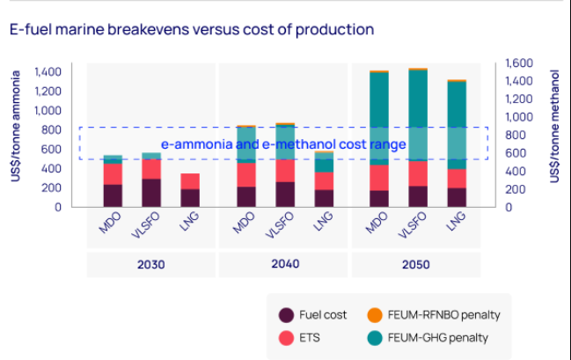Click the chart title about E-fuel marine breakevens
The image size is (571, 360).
point(191,29)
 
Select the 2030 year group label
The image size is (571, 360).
point(151,264)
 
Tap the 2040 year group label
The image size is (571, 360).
point(284,264)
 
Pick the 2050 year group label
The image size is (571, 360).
point(417,264)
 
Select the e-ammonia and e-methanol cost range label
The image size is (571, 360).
point(283,144)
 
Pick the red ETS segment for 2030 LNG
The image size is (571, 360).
point(190,181)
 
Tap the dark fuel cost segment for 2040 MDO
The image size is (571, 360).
point(246,196)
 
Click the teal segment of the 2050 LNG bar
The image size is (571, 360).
point(457,124)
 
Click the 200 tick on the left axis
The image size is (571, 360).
point(52,187)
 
